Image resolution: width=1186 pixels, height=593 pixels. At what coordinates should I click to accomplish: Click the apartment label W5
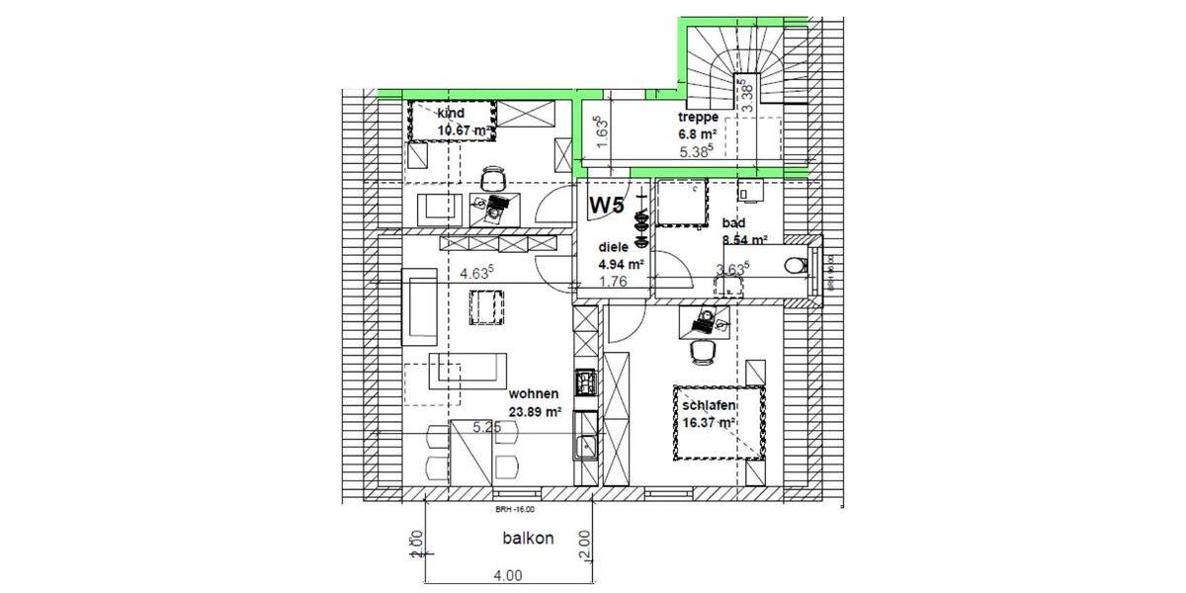607,206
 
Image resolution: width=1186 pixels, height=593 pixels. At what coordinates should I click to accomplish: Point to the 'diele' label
614,248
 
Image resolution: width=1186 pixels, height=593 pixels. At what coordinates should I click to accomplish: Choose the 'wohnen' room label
535,395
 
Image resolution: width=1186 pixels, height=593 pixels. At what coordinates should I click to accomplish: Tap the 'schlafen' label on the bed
707,406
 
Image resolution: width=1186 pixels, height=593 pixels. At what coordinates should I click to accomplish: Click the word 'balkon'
527,539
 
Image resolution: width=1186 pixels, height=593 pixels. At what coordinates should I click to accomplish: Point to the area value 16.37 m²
707,423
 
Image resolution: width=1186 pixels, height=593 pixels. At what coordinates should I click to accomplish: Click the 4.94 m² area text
622,265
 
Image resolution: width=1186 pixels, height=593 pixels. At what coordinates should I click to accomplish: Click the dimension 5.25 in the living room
488,427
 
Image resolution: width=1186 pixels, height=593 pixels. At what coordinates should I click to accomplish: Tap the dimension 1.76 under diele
614,281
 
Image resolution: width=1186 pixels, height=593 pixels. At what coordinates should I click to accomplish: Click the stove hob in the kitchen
585,381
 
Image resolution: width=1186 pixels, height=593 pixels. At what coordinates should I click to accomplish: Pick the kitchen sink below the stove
585,447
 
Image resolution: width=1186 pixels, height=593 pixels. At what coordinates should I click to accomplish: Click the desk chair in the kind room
492,178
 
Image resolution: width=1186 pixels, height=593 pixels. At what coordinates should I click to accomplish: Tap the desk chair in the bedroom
701,350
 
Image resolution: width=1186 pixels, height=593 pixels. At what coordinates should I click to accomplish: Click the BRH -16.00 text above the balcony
514,510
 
